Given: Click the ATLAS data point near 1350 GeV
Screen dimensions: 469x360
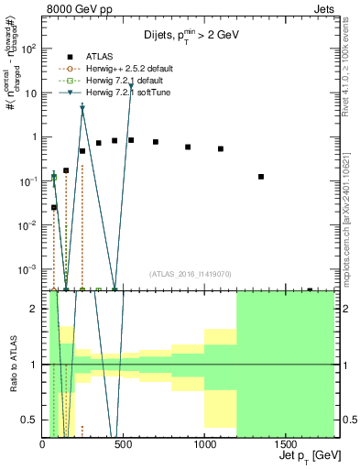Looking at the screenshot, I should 261,177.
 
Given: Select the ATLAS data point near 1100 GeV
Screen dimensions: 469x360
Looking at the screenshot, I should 221,148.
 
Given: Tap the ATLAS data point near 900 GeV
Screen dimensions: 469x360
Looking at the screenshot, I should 188,147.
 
